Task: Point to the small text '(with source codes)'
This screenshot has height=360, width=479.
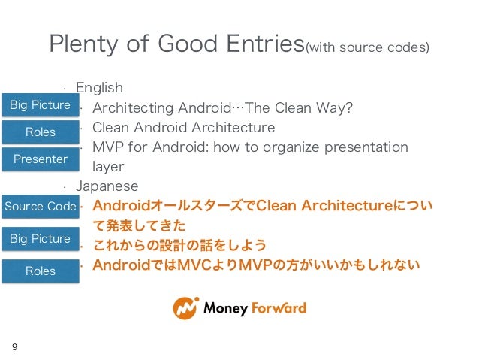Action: pyautogui.click(x=367, y=49)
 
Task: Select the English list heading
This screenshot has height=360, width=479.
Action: pyautogui.click(x=99, y=89)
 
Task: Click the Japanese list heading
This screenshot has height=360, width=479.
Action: pyautogui.click(x=107, y=186)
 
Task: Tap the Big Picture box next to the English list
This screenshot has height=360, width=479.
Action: pyautogui.click(x=40, y=105)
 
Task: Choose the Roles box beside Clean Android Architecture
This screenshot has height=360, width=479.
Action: pyautogui.click(x=40, y=132)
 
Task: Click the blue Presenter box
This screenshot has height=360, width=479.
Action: pyautogui.click(x=40, y=159)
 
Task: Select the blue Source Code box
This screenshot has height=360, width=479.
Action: pyautogui.click(x=40, y=206)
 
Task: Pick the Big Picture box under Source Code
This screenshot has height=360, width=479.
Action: pyautogui.click(x=40, y=239)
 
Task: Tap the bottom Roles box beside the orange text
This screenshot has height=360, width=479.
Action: pyautogui.click(x=40, y=271)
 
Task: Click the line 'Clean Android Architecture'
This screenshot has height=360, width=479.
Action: pyautogui.click(x=183, y=128)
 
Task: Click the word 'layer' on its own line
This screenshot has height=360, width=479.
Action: pyautogui.click(x=107, y=167)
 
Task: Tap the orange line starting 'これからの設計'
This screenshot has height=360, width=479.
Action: pyautogui.click(x=179, y=245)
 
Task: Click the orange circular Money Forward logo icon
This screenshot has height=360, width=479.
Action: pyautogui.click(x=185, y=308)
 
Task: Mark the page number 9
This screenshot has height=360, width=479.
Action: pyautogui.click(x=14, y=347)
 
